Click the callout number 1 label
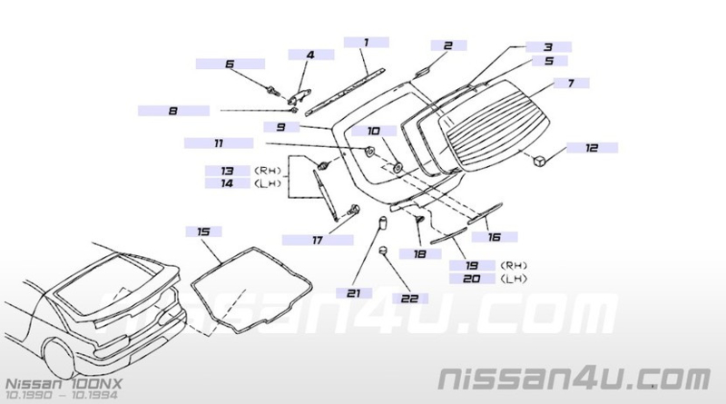[x=367, y=43]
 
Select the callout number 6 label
[x=231, y=64]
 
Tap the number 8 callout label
[x=173, y=111]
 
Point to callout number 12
[x=593, y=148]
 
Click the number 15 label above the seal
[x=203, y=232]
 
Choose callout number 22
[x=410, y=299]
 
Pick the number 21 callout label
[x=354, y=293]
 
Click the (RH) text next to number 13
[x=268, y=171]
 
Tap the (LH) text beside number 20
[x=514, y=279]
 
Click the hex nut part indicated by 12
[x=538, y=161]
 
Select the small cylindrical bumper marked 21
[x=382, y=222]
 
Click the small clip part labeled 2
[x=422, y=72]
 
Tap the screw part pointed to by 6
[x=271, y=90]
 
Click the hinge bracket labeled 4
[x=299, y=97]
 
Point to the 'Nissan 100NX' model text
[x=64, y=384]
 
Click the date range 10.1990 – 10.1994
[x=61, y=395]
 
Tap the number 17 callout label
[x=318, y=240]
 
